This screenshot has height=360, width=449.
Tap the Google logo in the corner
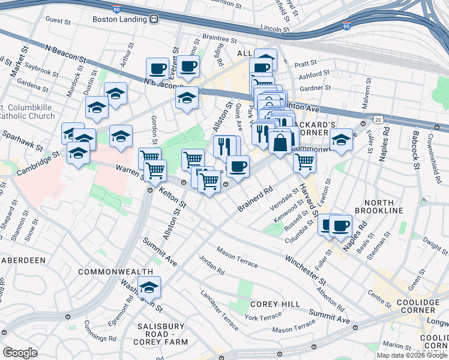click(x=20, y=352)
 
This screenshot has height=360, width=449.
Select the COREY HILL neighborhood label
click(x=276, y=304)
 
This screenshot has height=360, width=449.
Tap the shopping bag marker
click(x=280, y=143)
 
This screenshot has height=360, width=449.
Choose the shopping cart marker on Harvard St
click(x=304, y=161)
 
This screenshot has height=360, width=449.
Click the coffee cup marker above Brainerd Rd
click(x=238, y=166)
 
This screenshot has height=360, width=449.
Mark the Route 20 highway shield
click(x=377, y=120)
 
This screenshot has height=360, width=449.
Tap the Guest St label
click(x=58, y=20)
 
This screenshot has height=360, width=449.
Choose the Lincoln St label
click(x=276, y=28)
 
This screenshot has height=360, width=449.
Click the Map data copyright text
click(x=412, y=355)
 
